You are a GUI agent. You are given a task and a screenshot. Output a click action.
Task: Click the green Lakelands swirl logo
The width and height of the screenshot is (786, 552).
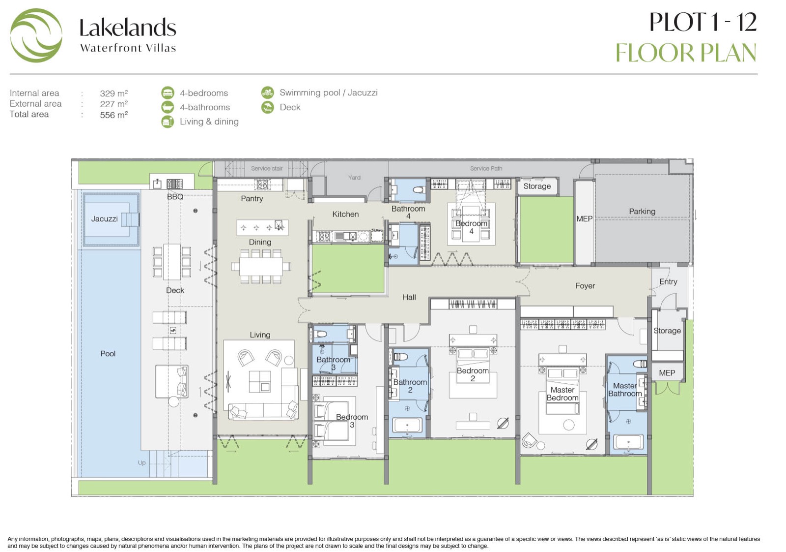pos(36,35)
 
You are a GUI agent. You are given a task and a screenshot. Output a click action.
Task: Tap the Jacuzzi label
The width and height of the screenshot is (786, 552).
pos(104,219)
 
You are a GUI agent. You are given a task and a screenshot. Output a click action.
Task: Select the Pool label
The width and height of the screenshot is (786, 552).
pos(108,353)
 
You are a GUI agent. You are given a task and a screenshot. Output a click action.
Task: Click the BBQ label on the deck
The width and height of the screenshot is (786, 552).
pos(175,197)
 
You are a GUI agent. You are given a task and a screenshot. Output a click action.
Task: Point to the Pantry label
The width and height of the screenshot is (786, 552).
pos(252,199)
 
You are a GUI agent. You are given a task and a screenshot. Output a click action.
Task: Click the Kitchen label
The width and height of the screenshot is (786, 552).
pos(346,215)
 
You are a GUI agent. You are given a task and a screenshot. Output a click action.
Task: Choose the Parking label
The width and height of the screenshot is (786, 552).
pos(642,212)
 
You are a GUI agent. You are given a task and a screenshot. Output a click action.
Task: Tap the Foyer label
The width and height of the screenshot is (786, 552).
pos(585,286)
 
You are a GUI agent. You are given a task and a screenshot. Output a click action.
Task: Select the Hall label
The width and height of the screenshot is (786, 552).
pos(409,297)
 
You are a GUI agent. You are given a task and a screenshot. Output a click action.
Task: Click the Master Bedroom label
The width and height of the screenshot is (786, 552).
pos(562,394)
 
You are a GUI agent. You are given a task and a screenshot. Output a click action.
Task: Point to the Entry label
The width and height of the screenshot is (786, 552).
pos(668,282)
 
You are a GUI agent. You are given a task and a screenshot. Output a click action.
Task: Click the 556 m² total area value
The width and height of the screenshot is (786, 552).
pos(113,115)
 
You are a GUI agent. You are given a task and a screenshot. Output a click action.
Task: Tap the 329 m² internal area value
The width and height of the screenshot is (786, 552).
pos(113,93)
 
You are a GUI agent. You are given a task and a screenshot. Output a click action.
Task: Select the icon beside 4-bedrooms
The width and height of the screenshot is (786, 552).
pos(168,93)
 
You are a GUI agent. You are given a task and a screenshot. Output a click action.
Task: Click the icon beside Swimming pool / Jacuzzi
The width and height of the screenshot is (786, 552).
pos(267,93)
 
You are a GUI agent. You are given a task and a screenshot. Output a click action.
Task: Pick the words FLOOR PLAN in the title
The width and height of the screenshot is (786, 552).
pos(686,53)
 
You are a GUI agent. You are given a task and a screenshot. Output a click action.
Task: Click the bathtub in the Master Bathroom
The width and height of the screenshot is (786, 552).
pos(628,442)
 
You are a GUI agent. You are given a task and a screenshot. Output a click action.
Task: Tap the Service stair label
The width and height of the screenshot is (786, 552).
pos(267,169)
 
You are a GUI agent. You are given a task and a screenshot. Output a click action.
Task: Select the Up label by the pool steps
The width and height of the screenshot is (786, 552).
pos(142,463)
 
